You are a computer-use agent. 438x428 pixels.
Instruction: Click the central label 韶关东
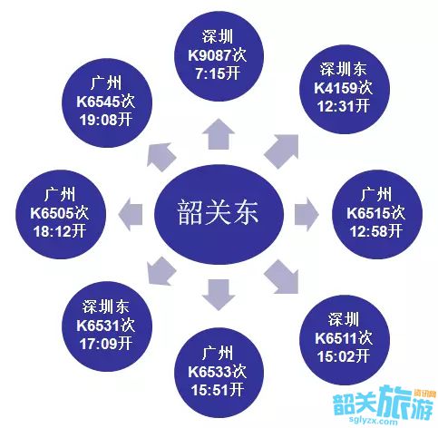pos(218,212)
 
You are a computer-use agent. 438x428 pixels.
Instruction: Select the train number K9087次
pos(218,55)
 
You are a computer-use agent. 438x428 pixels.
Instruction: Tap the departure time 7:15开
pos(218,73)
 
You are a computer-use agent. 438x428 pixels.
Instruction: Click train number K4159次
pos(344,88)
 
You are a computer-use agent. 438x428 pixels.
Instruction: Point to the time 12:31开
pos(344,106)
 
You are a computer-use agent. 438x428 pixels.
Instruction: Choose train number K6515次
pos(376,213)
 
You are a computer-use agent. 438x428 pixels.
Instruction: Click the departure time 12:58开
pos(376,231)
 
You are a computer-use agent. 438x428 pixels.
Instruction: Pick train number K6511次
pos(344,338)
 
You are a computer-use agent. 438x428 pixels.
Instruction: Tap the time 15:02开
pos(344,356)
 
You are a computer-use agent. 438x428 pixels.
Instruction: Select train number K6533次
pos(218,372)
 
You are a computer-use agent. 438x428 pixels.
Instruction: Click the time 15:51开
pos(218,390)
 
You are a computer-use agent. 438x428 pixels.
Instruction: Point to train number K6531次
pos(105,326)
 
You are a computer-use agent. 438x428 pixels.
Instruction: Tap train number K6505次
pos(60,213)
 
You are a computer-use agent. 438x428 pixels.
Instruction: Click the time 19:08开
pos(106,120)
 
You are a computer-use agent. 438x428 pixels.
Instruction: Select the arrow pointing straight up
pos(219,134)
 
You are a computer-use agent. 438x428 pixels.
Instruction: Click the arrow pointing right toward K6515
pos(307,214)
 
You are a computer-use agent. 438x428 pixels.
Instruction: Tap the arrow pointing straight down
pos(219,295)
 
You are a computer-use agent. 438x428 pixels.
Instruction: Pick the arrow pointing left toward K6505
pos(131,214)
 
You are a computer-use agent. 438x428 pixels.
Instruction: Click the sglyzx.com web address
pos(373,421)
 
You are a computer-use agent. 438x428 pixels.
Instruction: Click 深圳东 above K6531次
pos(106,306)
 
